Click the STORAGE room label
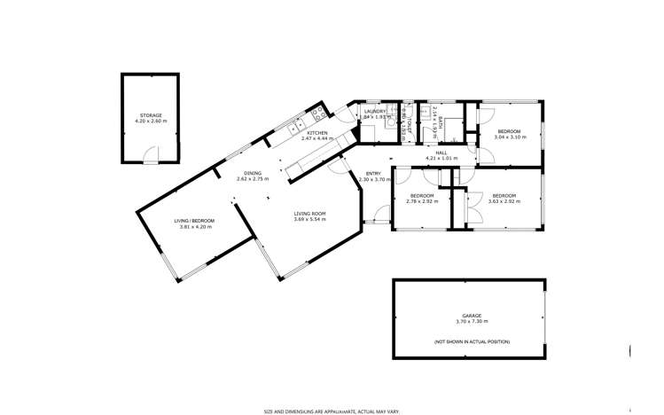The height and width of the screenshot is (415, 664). pos(151,114)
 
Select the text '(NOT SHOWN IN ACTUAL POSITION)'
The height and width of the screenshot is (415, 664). pos(472,341)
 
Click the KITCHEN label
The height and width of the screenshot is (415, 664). pos(317,132)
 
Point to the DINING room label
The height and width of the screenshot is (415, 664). pos(253,173)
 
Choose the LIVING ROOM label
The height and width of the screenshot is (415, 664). pos(310,213)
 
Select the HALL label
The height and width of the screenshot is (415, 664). pos(440,153)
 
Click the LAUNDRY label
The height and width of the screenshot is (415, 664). pos(376,111)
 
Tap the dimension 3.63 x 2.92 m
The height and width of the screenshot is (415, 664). pos(504,201)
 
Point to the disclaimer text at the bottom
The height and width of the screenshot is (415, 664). pos(332,411)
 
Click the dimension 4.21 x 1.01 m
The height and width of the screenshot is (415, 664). pos(440,158)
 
